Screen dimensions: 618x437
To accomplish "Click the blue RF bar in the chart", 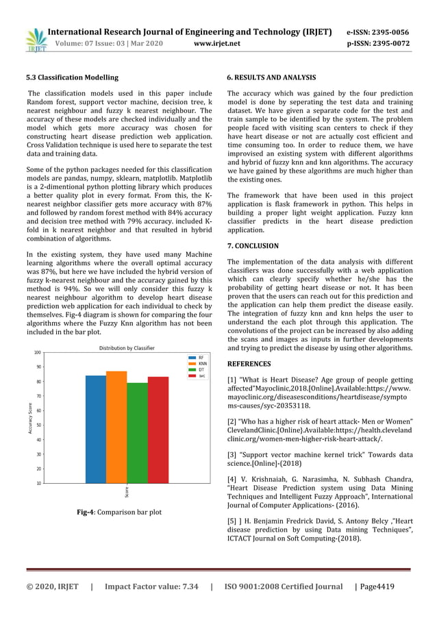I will [x=96, y=429].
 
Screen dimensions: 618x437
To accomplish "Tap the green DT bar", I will [x=137, y=432].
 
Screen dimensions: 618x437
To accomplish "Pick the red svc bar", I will [x=158, y=430].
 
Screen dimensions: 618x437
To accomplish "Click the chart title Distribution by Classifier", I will [x=127, y=347].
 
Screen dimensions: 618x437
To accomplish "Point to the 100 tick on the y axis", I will [x=36, y=353].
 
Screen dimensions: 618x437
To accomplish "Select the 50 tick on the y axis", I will [x=38, y=425].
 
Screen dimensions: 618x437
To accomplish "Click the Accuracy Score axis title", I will [x=30, y=417].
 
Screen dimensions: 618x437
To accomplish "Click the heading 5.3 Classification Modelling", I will [x=72, y=77].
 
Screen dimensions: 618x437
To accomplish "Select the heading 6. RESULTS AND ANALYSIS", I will [x=271, y=77].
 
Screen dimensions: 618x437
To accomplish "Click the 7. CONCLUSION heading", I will [x=253, y=245].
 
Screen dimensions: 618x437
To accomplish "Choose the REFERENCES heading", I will [x=249, y=364].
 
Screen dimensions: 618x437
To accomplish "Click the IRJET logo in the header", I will [x=35, y=40].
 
